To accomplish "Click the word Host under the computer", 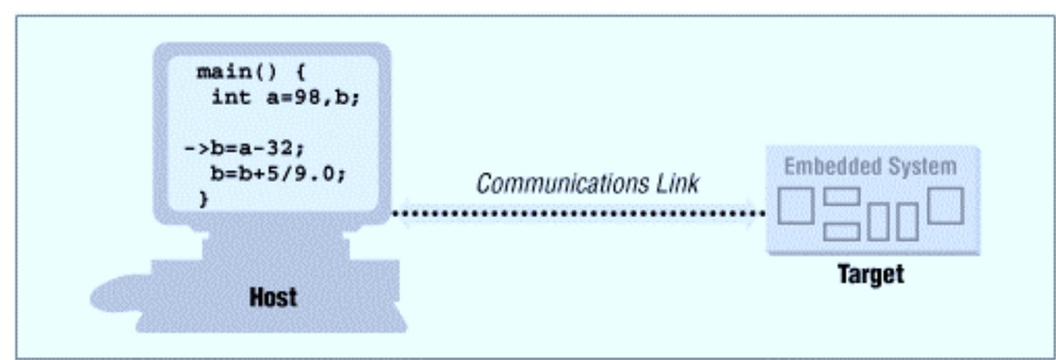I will [273, 297].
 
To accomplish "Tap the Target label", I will [870, 274].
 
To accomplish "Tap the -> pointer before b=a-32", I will [197, 147].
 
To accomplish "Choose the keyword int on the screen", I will [231, 97].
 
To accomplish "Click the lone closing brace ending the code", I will [203, 198].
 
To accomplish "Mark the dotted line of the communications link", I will [578, 213].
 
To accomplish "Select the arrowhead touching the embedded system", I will [754, 213].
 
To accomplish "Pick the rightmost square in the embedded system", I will [945, 205].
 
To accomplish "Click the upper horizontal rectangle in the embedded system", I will [841, 197].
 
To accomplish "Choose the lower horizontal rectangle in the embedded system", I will [841, 231].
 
